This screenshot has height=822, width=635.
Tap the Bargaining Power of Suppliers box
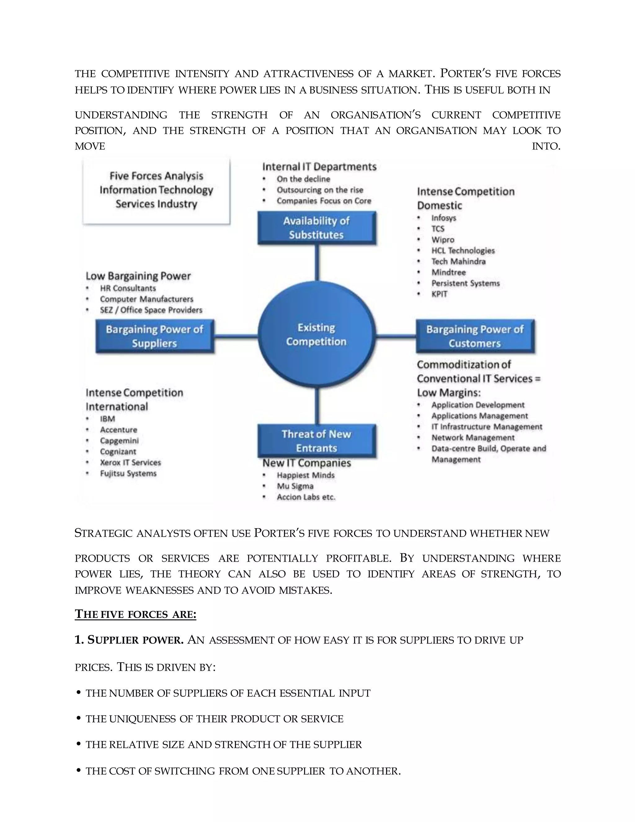[x=155, y=336]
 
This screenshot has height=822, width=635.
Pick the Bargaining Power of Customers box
[x=475, y=336]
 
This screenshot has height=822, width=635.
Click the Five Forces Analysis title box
[x=156, y=190]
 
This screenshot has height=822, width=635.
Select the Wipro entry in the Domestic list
[x=443, y=240]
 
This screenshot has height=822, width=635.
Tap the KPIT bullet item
[x=439, y=294]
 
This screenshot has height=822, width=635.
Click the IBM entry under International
[x=108, y=419]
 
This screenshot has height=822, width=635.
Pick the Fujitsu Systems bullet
[x=128, y=473]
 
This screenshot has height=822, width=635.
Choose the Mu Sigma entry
[x=295, y=486]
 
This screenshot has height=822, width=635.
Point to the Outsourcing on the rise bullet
[x=320, y=190]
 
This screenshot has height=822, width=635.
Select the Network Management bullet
[x=473, y=438]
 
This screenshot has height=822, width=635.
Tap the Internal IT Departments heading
[x=319, y=167]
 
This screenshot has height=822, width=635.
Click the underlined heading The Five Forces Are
[x=135, y=614]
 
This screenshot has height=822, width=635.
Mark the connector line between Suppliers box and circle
[x=236, y=336]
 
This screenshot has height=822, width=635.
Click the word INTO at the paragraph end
[x=546, y=146]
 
